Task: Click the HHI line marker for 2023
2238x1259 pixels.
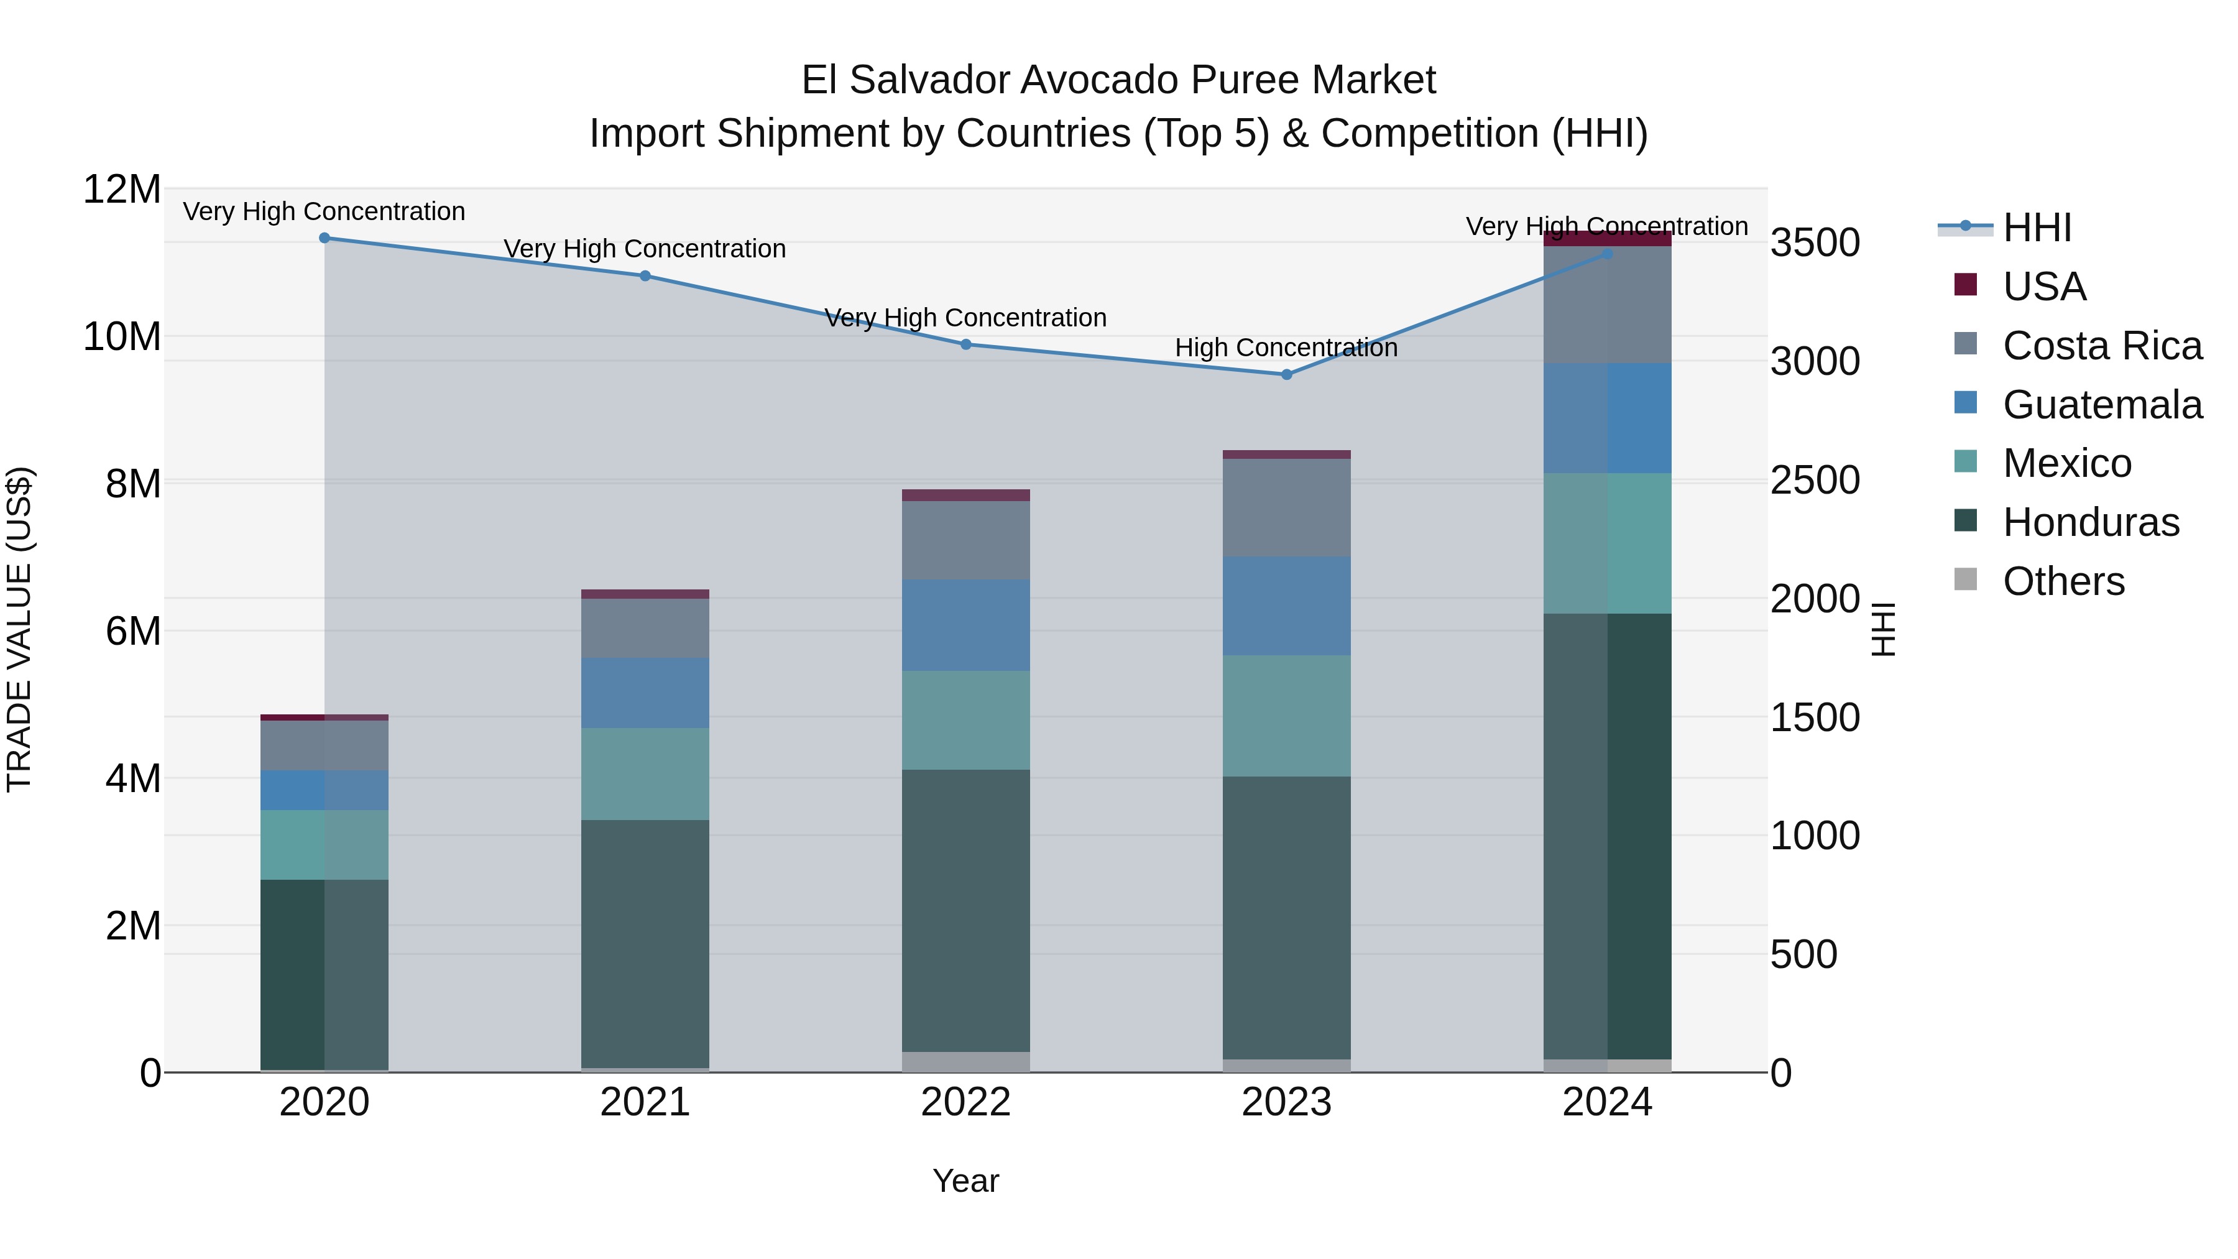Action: pyautogui.click(x=1287, y=374)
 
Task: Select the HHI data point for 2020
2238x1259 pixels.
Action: pyautogui.click(x=324, y=238)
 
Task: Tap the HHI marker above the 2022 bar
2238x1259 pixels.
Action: pyautogui.click(x=965, y=344)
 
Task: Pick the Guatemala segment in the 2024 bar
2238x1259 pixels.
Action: pyautogui.click(x=1607, y=418)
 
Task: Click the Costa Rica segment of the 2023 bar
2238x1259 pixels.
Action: pyautogui.click(x=1287, y=507)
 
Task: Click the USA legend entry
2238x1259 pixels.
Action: pyautogui.click(x=2043, y=287)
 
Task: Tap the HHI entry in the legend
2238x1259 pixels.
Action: pyautogui.click(x=2037, y=228)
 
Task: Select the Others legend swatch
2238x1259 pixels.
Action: pyautogui.click(x=1965, y=579)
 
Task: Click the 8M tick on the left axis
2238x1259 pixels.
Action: pyautogui.click(x=133, y=484)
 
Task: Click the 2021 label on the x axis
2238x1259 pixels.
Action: pyautogui.click(x=645, y=1102)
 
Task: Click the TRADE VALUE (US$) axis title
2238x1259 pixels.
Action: pyautogui.click(x=19, y=629)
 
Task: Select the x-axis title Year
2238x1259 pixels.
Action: pyautogui.click(x=965, y=1181)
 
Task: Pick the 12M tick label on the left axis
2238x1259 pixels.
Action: pyautogui.click(x=122, y=190)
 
